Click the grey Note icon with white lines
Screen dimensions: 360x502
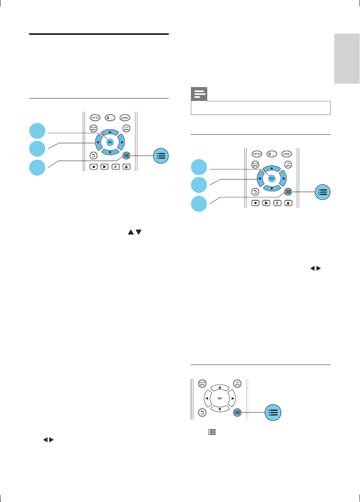pyautogui.click(x=199, y=95)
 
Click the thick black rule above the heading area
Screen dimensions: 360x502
pyautogui.click(x=99, y=34)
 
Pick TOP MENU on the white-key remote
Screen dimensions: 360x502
pyautogui.click(x=237, y=383)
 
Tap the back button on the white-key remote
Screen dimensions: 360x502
pyautogui.click(x=202, y=413)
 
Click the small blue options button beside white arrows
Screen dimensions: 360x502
pyautogui.click(x=236, y=413)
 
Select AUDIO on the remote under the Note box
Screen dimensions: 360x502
pyautogui.click(x=287, y=154)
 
